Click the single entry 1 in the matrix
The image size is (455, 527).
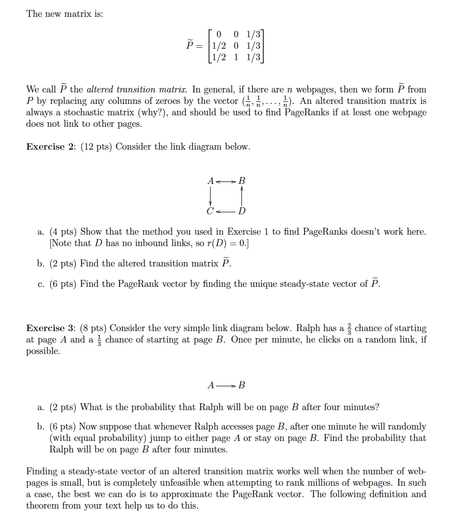click(236, 57)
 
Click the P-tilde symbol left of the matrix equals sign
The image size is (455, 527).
click(190, 46)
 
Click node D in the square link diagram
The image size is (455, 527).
click(241, 211)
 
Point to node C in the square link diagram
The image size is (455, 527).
click(210, 211)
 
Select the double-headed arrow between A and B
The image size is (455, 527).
click(227, 180)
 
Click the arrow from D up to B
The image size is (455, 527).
click(242, 196)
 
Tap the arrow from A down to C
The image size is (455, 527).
click(211, 196)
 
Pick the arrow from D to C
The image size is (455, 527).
click(226, 211)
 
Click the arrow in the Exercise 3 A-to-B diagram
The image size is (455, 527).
click(227, 385)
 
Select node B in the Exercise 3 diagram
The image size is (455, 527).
click(242, 385)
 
